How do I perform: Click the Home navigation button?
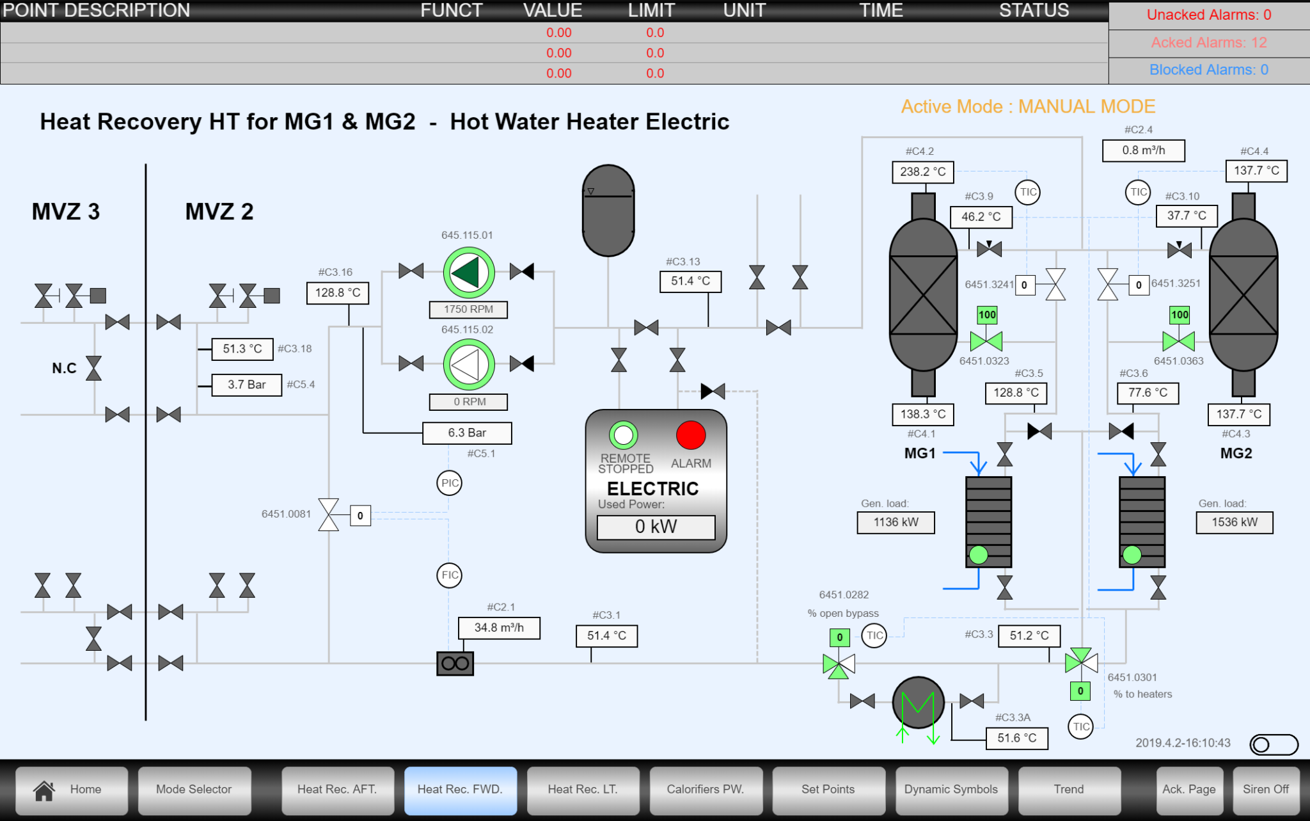pos(72,790)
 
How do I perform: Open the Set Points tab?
pos(828,790)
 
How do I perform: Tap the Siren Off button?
pos(1265,790)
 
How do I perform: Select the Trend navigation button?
pos(1068,790)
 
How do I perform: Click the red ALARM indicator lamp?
pos(690,436)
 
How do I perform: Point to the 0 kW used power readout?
pos(656,527)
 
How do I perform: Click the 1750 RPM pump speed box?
pos(468,310)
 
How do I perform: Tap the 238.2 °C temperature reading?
pos(922,172)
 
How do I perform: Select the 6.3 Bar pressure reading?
pos(467,433)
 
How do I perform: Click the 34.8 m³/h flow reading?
pos(499,628)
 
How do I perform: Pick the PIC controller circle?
pos(450,483)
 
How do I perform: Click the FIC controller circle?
pos(450,575)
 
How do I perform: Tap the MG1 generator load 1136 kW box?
pos(896,523)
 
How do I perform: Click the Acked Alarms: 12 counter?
pos(1208,43)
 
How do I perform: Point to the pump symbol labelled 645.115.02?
pos(469,365)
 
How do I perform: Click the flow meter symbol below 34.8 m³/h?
pos(455,664)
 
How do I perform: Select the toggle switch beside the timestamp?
pos(1274,745)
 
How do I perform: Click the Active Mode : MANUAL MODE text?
pos(1028,106)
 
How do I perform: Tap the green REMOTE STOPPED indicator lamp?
pos(623,436)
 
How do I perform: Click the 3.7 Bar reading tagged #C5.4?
pos(246,385)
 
